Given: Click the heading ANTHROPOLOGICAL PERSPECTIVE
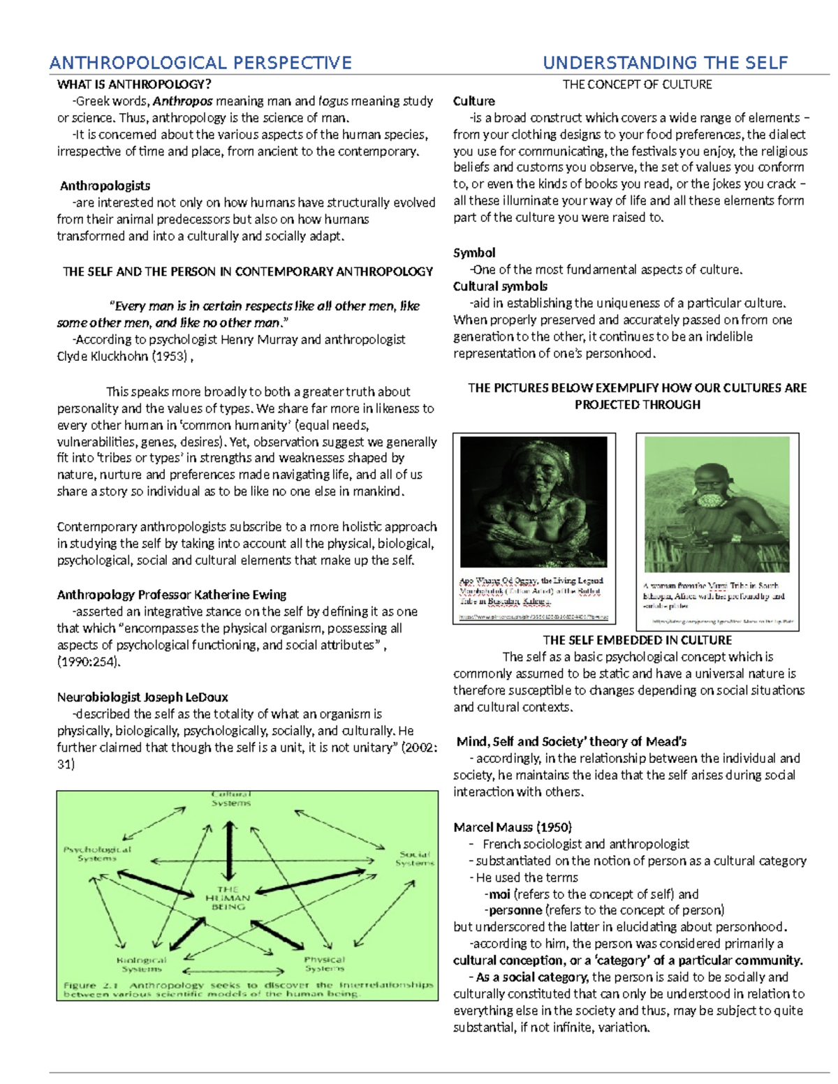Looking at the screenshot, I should point(200,63).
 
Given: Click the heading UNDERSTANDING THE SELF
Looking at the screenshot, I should point(665,63).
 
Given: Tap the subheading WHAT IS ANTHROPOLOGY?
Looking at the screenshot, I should point(134,84).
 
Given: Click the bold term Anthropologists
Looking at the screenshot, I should point(105,186).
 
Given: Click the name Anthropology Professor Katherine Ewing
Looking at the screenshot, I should point(171,595).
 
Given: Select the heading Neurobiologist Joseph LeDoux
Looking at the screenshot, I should point(142,697).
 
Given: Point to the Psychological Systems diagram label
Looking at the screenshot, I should point(97,854).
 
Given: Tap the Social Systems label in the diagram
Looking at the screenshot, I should point(414,859).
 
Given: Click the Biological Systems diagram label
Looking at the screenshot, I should point(142,964).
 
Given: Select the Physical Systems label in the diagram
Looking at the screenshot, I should point(324,964).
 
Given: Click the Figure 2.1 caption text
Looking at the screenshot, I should point(248,989).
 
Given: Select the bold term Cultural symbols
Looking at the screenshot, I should point(500,286).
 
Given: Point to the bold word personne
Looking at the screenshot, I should point(515,910).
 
